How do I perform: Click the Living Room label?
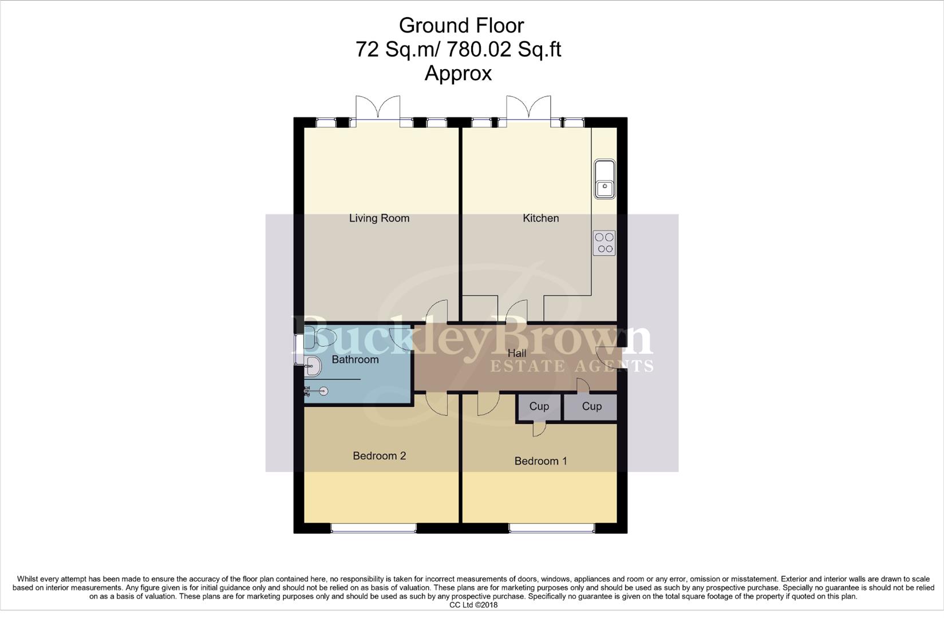coord(379,218)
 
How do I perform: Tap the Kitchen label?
coord(540,218)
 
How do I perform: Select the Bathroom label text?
coord(355,359)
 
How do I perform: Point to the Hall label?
coord(516,354)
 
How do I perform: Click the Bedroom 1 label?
coord(540,461)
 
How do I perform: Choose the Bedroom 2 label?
coord(379,455)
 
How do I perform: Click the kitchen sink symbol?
coord(605,179)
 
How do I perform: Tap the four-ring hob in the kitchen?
coord(604,243)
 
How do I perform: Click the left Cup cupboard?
coord(539,406)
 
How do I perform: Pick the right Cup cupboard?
coord(591,406)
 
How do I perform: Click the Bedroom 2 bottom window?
coord(373,528)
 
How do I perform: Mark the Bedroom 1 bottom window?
coord(551,528)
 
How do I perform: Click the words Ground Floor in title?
coord(461,25)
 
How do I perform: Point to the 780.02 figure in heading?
coord(479,49)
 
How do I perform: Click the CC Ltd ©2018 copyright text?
coord(473,605)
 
